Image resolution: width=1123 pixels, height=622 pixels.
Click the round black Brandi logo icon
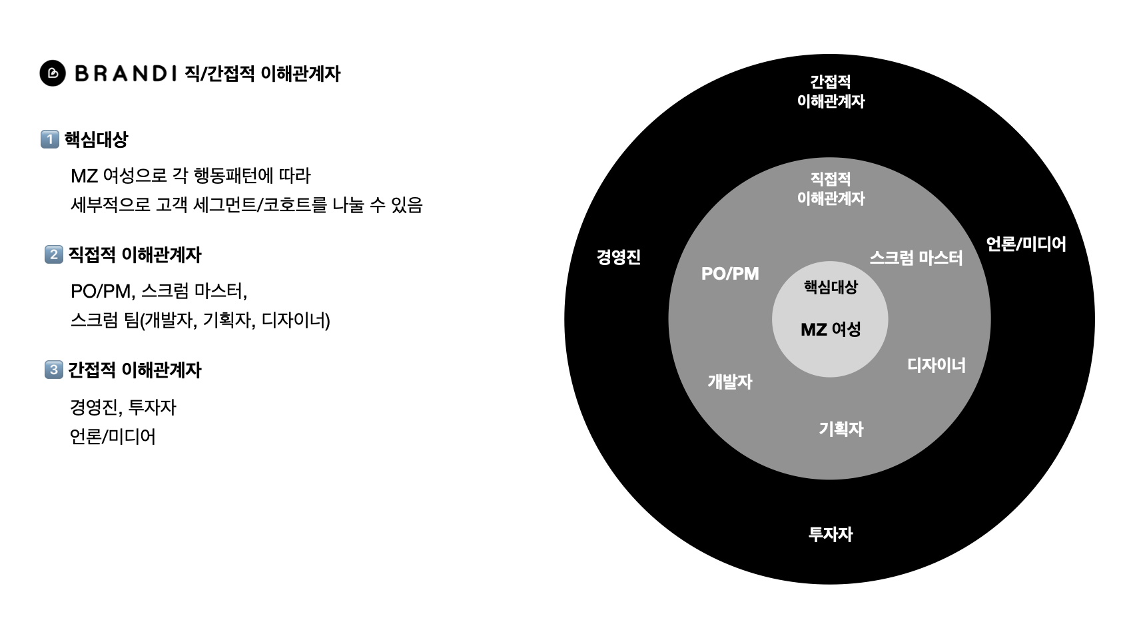[53, 73]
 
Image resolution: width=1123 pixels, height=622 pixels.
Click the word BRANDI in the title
[126, 73]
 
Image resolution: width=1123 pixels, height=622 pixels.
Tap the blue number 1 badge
[50, 139]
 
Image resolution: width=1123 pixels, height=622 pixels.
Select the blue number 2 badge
[54, 254]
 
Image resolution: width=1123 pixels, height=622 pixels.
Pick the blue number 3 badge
[54, 370]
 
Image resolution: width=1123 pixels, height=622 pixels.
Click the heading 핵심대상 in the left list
[96, 140]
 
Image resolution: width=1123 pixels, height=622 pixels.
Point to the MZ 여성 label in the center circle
[831, 330]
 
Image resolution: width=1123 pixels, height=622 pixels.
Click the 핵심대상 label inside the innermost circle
[831, 287]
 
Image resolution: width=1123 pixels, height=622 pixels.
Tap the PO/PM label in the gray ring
[730, 274]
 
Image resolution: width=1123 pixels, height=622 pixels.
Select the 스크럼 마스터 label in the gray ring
[916, 258]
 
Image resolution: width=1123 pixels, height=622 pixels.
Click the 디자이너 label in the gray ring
[936, 365]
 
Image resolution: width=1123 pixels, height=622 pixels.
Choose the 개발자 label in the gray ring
[729, 382]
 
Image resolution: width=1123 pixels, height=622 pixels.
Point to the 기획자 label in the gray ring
[841, 429]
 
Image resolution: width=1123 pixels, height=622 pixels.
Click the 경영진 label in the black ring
[618, 257]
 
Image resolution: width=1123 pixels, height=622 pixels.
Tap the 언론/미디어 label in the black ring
[1026, 244]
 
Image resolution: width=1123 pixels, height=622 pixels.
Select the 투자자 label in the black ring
[830, 534]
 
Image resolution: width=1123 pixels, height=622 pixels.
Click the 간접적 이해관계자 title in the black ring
[831, 92]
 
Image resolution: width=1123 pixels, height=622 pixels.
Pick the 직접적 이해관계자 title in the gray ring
[831, 188]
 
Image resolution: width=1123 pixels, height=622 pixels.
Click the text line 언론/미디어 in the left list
[113, 437]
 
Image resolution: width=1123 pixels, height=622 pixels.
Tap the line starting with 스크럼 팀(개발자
[200, 320]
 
